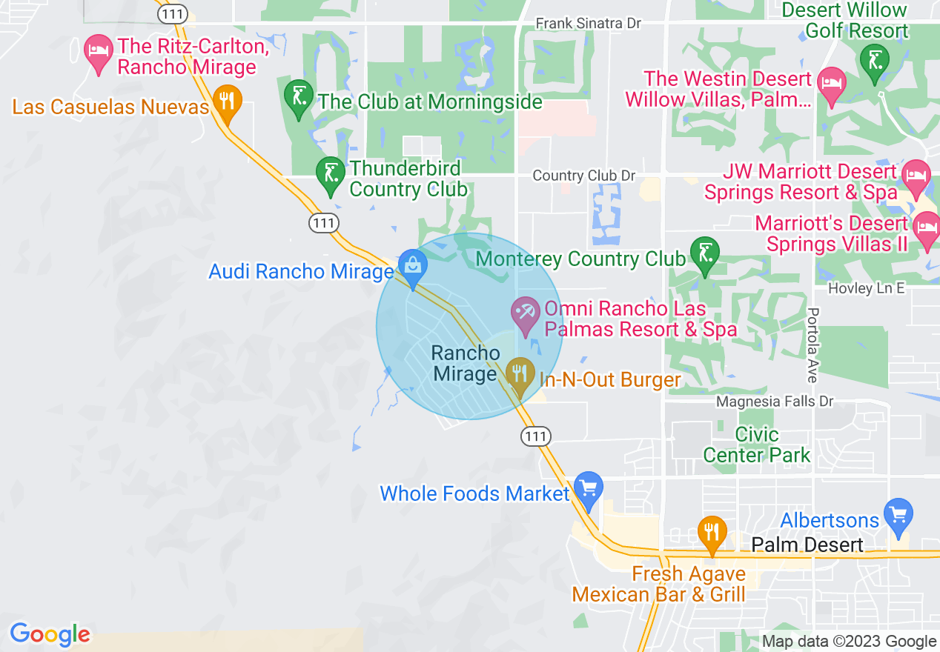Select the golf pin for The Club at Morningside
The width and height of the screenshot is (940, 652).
(x=298, y=97)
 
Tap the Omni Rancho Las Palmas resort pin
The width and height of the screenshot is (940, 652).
(x=527, y=313)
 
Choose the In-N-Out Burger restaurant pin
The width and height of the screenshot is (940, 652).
(x=520, y=372)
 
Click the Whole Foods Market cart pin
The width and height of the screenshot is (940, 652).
(x=589, y=489)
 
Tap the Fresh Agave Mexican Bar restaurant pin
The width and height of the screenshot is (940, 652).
(x=712, y=533)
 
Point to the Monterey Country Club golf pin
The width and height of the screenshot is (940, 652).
(x=704, y=254)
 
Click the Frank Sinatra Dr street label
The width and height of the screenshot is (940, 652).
(x=589, y=24)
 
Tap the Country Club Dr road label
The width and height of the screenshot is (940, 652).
(x=584, y=176)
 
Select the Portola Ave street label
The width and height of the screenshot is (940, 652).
(x=812, y=345)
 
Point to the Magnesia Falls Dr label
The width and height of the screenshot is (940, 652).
(x=774, y=402)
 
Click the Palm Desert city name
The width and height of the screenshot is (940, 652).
(x=807, y=545)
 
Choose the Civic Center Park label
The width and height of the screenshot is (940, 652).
(x=757, y=445)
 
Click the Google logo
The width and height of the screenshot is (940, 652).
(x=50, y=634)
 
